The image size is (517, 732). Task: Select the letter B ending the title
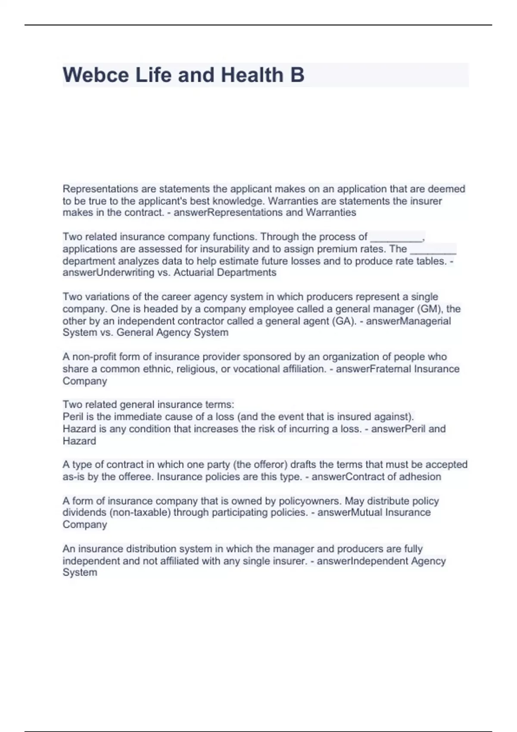coord(297,75)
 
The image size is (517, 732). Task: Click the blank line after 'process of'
coord(396,237)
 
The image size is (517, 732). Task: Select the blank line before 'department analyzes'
coord(433,249)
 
